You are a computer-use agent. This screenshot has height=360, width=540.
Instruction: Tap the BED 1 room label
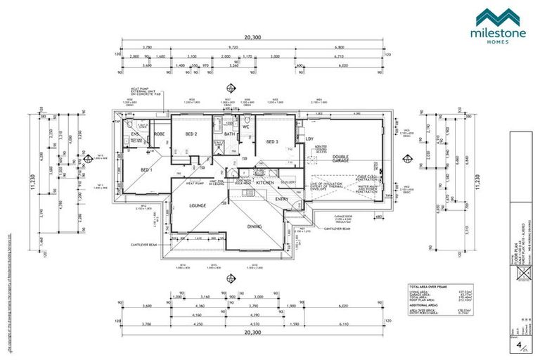tap(146, 171)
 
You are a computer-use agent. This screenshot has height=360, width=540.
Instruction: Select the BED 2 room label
tap(191, 134)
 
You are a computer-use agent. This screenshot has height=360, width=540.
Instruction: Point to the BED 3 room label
tap(273, 143)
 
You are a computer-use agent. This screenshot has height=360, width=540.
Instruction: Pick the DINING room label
tap(255, 226)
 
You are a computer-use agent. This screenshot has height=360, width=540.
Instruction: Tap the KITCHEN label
tap(264, 182)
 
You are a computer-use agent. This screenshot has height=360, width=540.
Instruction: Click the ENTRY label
tap(281, 199)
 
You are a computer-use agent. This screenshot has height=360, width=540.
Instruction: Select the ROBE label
tap(159, 134)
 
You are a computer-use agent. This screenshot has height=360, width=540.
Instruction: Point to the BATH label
tap(229, 134)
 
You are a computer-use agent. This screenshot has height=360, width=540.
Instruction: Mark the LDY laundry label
tap(309, 139)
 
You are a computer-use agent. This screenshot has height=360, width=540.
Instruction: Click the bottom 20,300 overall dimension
tap(252, 333)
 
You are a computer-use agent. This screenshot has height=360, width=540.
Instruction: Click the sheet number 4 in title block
tap(519, 345)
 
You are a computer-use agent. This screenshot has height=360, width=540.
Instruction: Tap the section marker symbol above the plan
tap(229, 88)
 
